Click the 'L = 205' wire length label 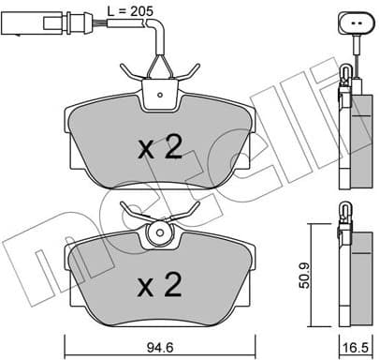point(131,9)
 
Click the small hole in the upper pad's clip point(162,93)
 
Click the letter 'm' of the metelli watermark point(42,246)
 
